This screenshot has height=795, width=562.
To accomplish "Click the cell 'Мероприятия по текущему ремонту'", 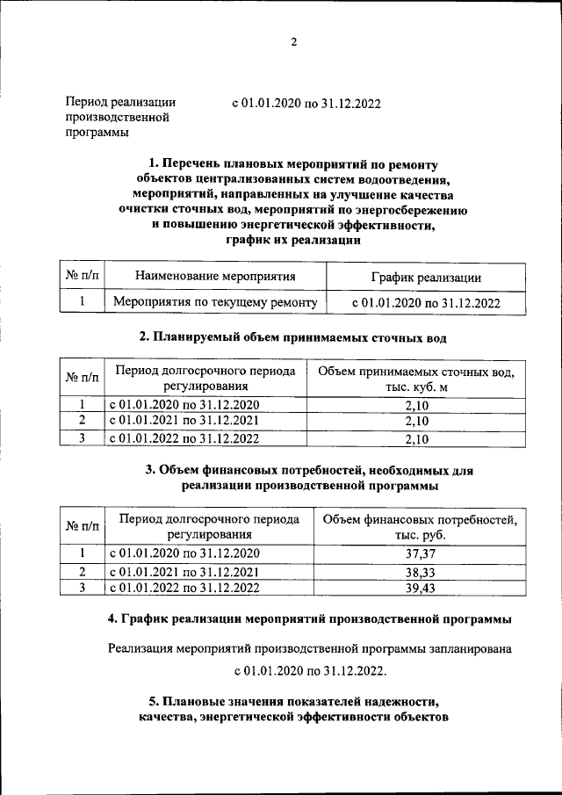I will (x=215, y=302).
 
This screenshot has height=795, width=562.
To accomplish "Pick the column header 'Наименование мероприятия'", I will (x=215, y=277).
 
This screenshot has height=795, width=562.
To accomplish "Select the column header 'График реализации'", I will (x=426, y=278).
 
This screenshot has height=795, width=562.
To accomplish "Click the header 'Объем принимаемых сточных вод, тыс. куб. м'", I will (x=416, y=379).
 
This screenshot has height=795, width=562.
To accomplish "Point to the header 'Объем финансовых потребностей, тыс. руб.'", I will (x=420, y=527).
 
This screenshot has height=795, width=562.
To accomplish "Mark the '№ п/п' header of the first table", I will (x=83, y=277).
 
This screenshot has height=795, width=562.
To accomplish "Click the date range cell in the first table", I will (x=426, y=303).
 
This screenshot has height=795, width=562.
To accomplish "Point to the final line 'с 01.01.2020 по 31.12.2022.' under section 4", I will (x=310, y=671).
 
